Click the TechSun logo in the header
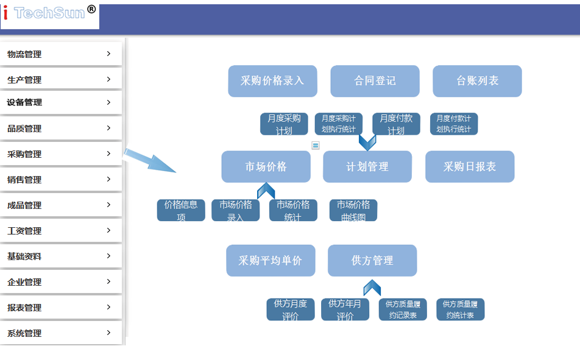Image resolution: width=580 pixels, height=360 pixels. click(50, 14)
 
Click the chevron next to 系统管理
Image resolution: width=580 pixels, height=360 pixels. click(108, 333)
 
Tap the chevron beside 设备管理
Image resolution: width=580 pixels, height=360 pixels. click(108, 102)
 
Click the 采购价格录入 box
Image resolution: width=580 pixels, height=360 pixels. click(272, 81)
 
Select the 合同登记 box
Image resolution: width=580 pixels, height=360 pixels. click(375, 81)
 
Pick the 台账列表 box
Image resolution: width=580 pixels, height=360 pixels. click(477, 81)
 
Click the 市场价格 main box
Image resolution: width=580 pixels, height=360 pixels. click(266, 167)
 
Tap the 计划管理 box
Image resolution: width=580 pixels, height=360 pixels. click(367, 167)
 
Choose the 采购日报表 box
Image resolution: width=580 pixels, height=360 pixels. click(470, 167)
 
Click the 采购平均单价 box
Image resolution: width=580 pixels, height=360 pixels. click(271, 261)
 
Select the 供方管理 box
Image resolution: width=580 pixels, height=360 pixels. click(372, 261)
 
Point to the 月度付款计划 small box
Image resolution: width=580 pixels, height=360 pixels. click(396, 124)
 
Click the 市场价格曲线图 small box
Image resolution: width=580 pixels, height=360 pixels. click(353, 210)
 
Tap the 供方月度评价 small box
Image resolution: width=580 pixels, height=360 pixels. click(291, 309)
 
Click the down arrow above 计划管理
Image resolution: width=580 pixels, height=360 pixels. click(367, 143)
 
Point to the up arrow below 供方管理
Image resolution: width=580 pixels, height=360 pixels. click(372, 288)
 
